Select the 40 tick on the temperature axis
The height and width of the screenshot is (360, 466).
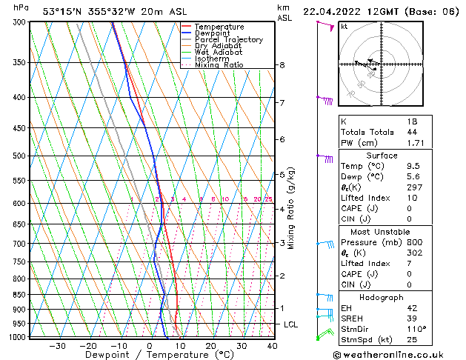[272, 345]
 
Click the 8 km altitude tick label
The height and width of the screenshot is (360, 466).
[282, 65]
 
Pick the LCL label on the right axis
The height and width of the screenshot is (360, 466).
[291, 324]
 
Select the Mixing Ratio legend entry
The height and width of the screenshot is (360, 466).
[219, 65]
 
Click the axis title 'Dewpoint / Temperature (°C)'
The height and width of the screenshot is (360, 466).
[148, 356]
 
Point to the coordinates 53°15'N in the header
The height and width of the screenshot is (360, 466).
[65, 11]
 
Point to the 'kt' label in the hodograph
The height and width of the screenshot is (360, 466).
[344, 27]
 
